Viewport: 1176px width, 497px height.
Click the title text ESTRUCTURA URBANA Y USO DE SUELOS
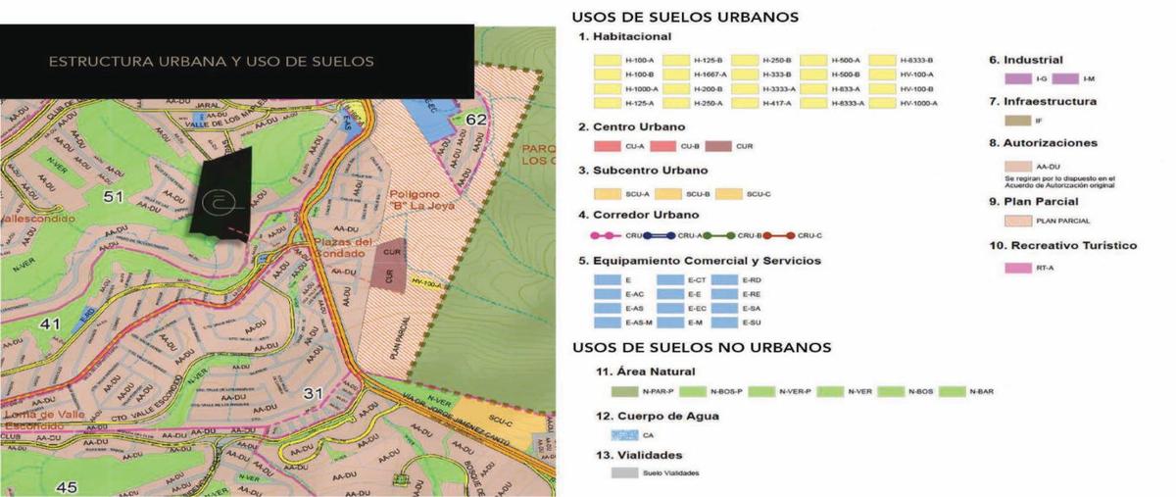click(x=211, y=61)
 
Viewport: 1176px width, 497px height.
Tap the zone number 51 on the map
click(x=113, y=196)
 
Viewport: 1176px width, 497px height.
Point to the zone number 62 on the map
click(x=477, y=120)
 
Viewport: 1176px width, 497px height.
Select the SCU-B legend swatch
click(x=670, y=194)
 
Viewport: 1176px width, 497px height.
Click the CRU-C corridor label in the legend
click(x=810, y=236)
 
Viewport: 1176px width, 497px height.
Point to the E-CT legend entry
click(x=683, y=280)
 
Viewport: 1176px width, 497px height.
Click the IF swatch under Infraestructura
click(x=1019, y=121)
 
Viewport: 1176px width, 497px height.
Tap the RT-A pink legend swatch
click(x=1019, y=267)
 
